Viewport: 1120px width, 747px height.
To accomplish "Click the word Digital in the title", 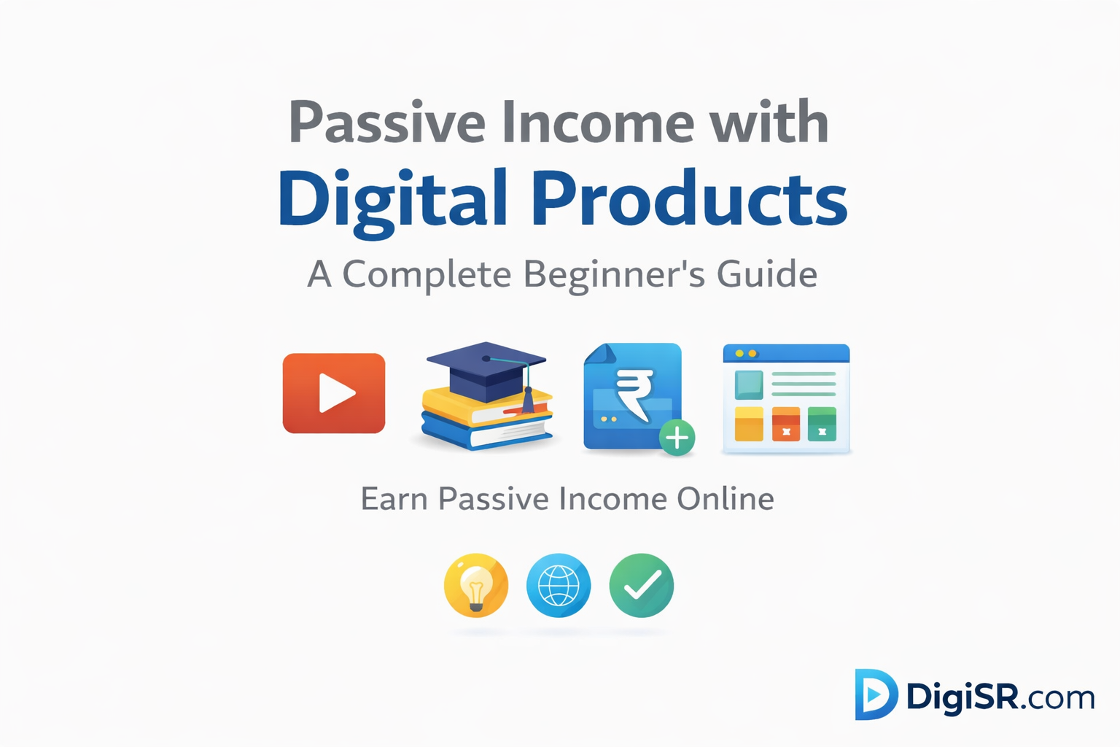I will pos(392,198).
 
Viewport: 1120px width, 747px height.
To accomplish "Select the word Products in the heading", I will pos(689,198).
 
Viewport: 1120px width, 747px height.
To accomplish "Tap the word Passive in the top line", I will pos(387,123).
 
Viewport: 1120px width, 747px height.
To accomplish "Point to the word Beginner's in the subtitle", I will pos(614,275).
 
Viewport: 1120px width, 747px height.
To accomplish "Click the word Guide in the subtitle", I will pos(766,275).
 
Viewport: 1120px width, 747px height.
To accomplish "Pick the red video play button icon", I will pos(334,393).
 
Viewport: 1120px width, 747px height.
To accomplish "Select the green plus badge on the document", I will pos(677,438).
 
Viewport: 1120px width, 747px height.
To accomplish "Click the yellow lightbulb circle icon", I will pos(476,585).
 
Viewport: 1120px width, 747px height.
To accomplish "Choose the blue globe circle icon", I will pos(559,585).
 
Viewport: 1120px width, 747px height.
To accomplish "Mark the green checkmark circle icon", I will pos(642,585).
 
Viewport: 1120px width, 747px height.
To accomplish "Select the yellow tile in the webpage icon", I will pos(748,424).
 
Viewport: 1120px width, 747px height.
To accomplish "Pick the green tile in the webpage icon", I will pos(822,424).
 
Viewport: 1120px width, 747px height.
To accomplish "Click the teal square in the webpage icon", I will pos(748,384).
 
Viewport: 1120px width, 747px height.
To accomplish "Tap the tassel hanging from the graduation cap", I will pos(528,398).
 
